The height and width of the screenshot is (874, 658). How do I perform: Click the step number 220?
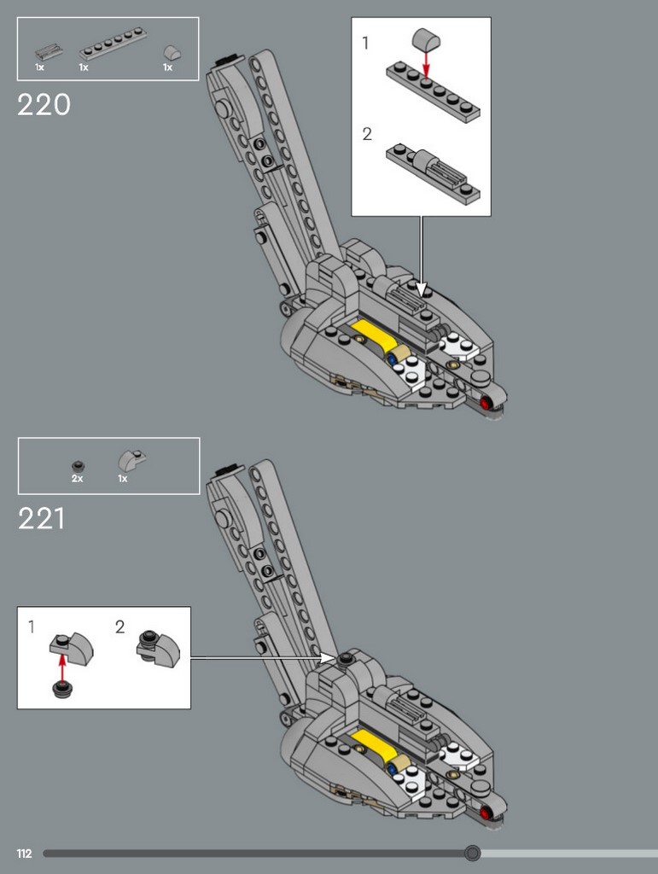(44, 104)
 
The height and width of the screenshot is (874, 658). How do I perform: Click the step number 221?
(41, 519)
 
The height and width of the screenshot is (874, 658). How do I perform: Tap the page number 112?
(24, 854)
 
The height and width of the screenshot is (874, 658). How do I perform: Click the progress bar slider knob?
(473, 853)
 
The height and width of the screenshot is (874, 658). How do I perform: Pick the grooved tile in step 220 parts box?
(48, 51)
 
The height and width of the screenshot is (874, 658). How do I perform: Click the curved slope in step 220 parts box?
(172, 54)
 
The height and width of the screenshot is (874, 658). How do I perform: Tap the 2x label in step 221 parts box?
(78, 478)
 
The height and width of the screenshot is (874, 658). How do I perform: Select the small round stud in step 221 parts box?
(78, 467)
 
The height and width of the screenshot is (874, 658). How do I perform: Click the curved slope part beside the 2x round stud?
(131, 461)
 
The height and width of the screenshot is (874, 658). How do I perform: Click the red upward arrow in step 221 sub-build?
(62, 667)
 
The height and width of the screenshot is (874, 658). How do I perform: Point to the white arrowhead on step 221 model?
(329, 658)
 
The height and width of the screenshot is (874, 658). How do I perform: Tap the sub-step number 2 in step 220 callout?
(367, 134)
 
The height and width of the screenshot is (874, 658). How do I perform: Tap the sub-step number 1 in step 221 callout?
(32, 627)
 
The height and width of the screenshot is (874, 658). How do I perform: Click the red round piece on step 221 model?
(485, 813)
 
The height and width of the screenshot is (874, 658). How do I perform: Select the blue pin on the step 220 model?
(393, 359)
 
